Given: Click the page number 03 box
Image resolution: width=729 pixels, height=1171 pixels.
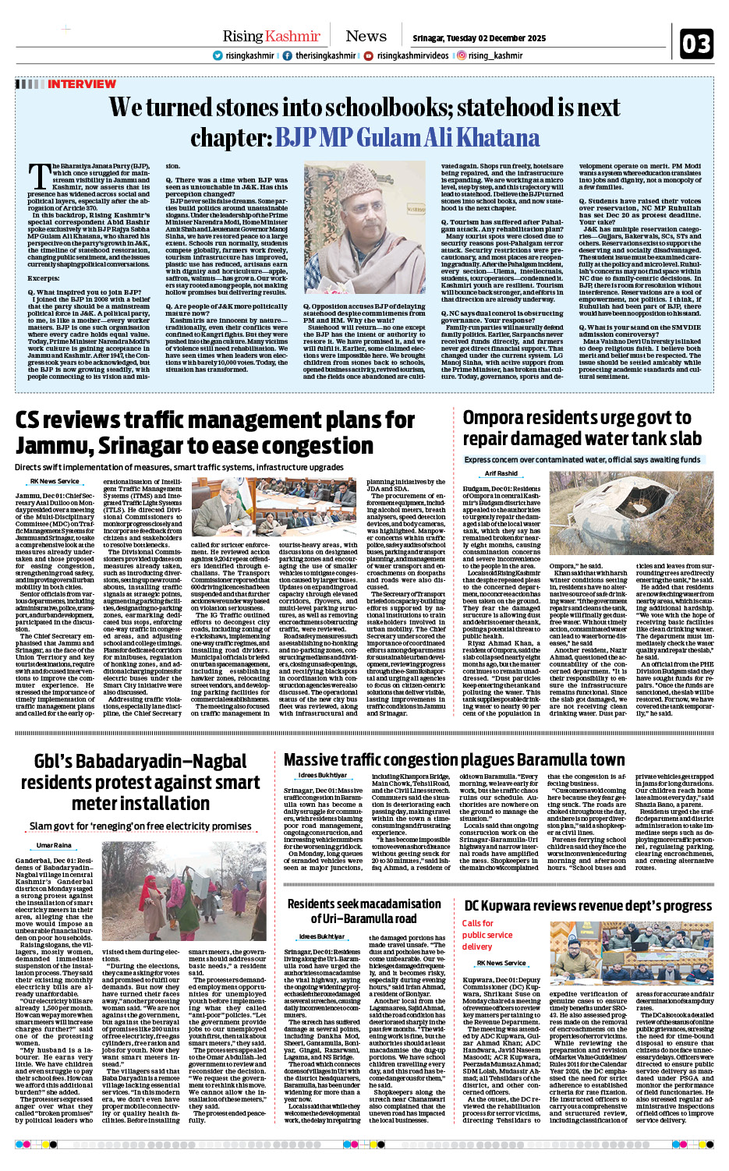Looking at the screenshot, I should pos(696,44).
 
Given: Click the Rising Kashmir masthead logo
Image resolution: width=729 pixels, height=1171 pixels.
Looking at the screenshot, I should pos(271,36).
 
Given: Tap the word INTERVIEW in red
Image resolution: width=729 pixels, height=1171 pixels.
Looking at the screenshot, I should pos(81,84).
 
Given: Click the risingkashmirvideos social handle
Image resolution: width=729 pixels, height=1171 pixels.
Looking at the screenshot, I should pos(412,55).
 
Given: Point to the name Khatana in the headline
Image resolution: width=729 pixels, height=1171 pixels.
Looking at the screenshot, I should pos(497,138).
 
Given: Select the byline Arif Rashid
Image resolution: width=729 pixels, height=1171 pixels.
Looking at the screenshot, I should pos(501,473).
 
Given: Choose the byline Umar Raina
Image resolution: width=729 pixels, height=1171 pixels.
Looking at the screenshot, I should pos(54,845).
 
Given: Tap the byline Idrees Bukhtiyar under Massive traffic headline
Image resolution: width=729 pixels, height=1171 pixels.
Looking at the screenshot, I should pos(322,776).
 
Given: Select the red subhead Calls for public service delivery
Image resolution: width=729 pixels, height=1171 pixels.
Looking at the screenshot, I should pos(487,935).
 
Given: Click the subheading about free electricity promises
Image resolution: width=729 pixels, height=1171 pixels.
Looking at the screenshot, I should pos(140,826).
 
